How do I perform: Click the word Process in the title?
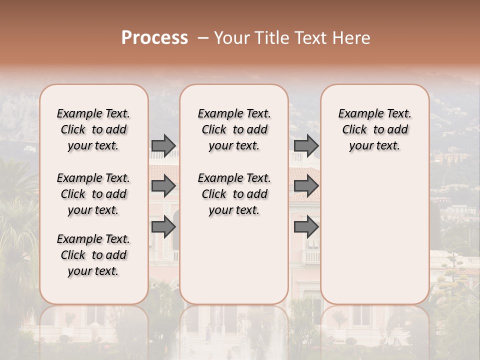point(154,38)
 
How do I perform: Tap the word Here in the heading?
point(352,38)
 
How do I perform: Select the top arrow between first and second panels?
point(163,145)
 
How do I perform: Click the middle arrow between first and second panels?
point(163,186)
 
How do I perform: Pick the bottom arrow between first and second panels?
point(163,227)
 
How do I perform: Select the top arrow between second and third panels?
point(306,145)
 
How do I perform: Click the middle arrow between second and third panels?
point(306,186)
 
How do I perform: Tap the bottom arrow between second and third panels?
point(306,227)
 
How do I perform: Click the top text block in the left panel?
point(93,129)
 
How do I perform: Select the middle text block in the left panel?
point(93,194)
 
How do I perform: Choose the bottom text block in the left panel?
point(93,255)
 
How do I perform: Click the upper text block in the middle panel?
point(234,129)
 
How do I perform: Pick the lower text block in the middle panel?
point(234,194)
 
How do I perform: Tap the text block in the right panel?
point(375,129)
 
